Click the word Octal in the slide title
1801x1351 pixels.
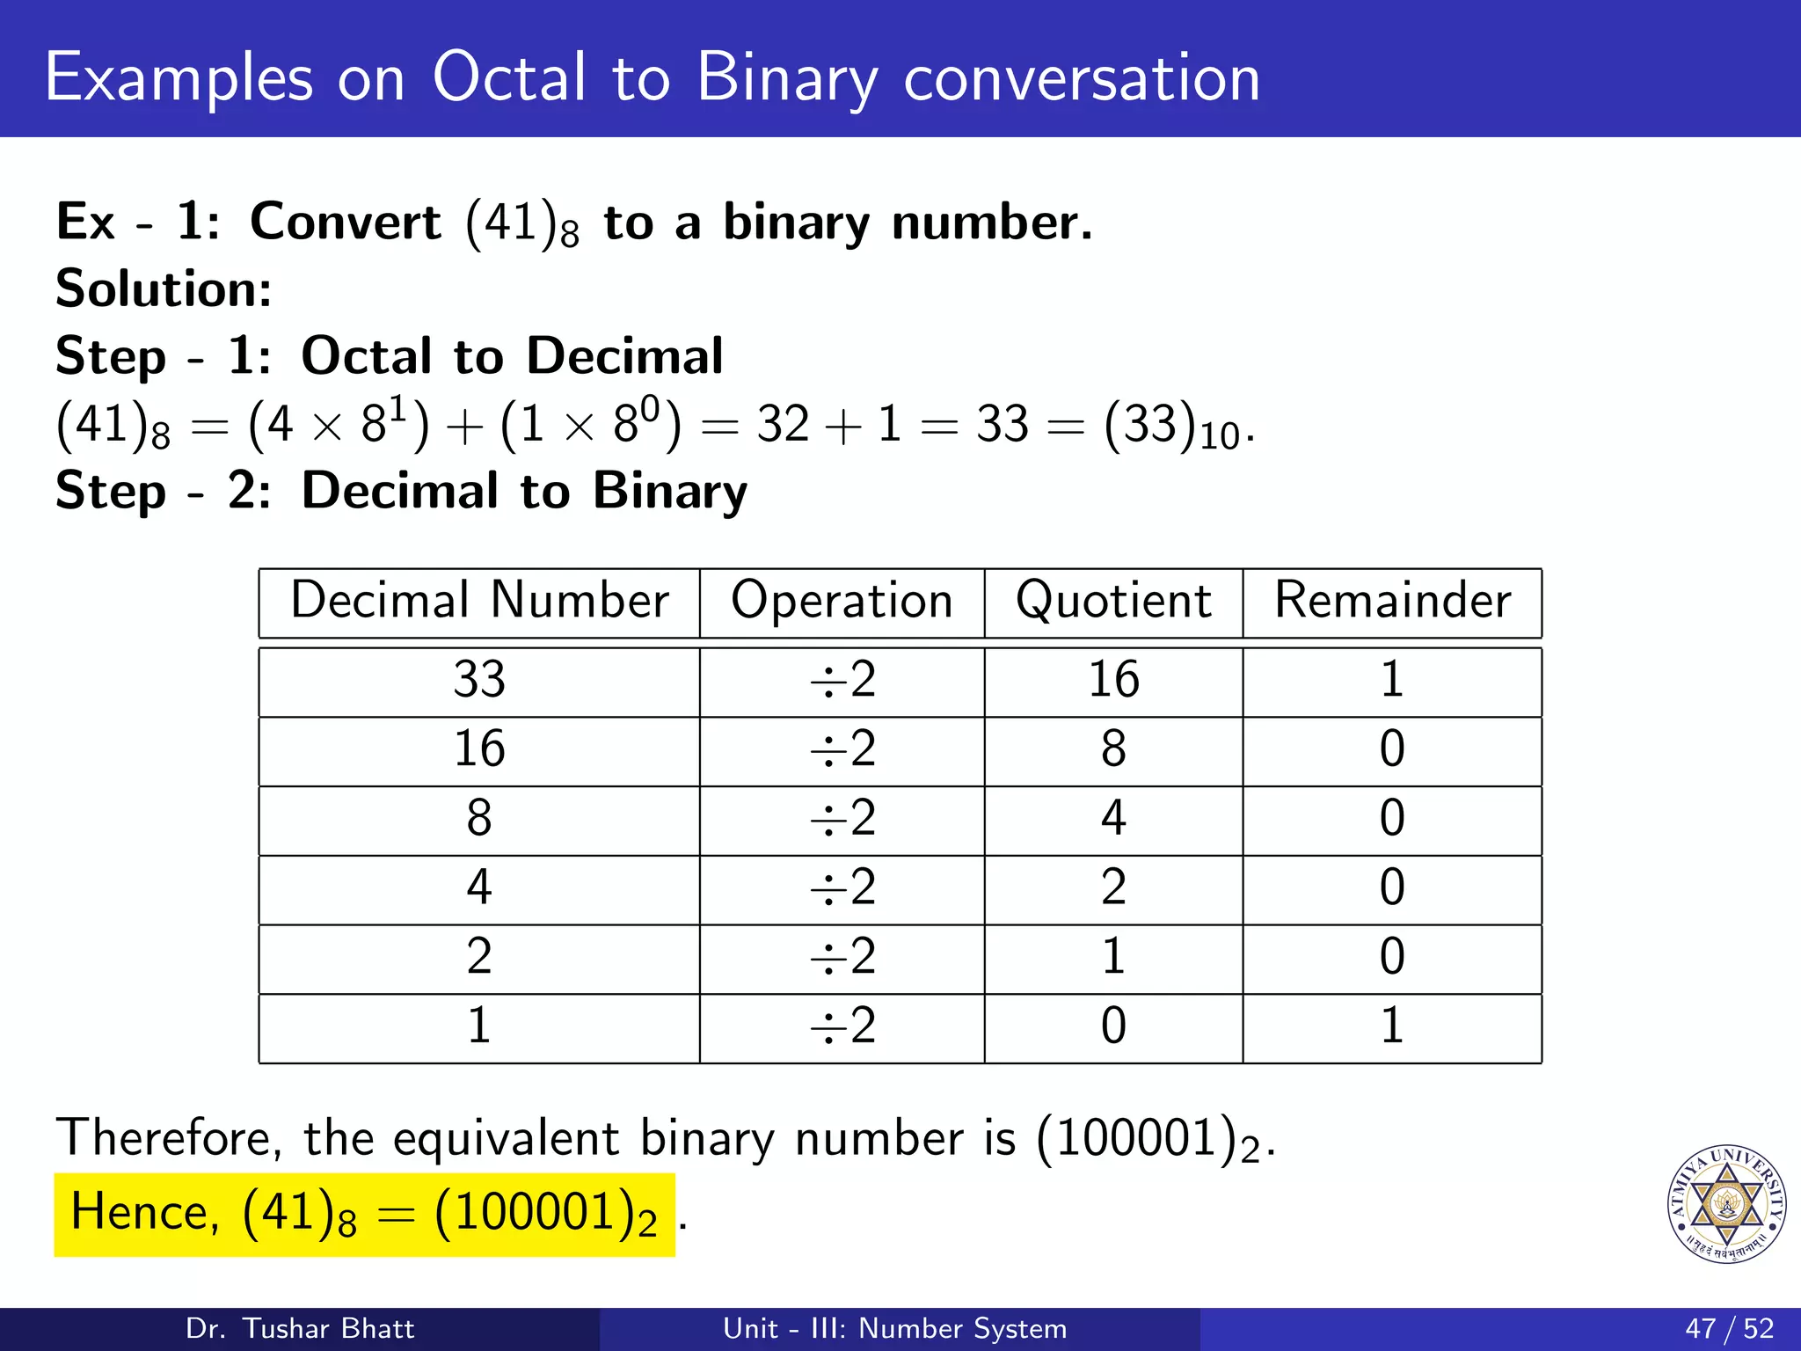508,77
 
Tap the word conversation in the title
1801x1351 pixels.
1082,77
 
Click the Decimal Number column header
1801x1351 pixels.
479,602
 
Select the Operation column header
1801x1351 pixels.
842,602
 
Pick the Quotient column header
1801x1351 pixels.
1113,602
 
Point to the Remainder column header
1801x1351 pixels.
1392,602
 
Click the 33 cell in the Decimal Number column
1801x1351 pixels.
479,680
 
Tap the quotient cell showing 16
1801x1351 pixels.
1113,680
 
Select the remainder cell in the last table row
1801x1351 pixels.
1391,1026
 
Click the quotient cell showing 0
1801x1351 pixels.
1113,1026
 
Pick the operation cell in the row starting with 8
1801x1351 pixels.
842,818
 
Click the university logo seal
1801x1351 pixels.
1726,1203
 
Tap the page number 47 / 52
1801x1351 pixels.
1729,1328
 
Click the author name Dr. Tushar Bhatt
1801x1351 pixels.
300,1328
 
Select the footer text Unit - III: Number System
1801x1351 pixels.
894,1328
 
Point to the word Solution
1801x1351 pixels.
164,288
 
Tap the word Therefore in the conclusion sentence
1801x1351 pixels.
168,1138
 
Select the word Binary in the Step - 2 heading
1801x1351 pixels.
669,491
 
